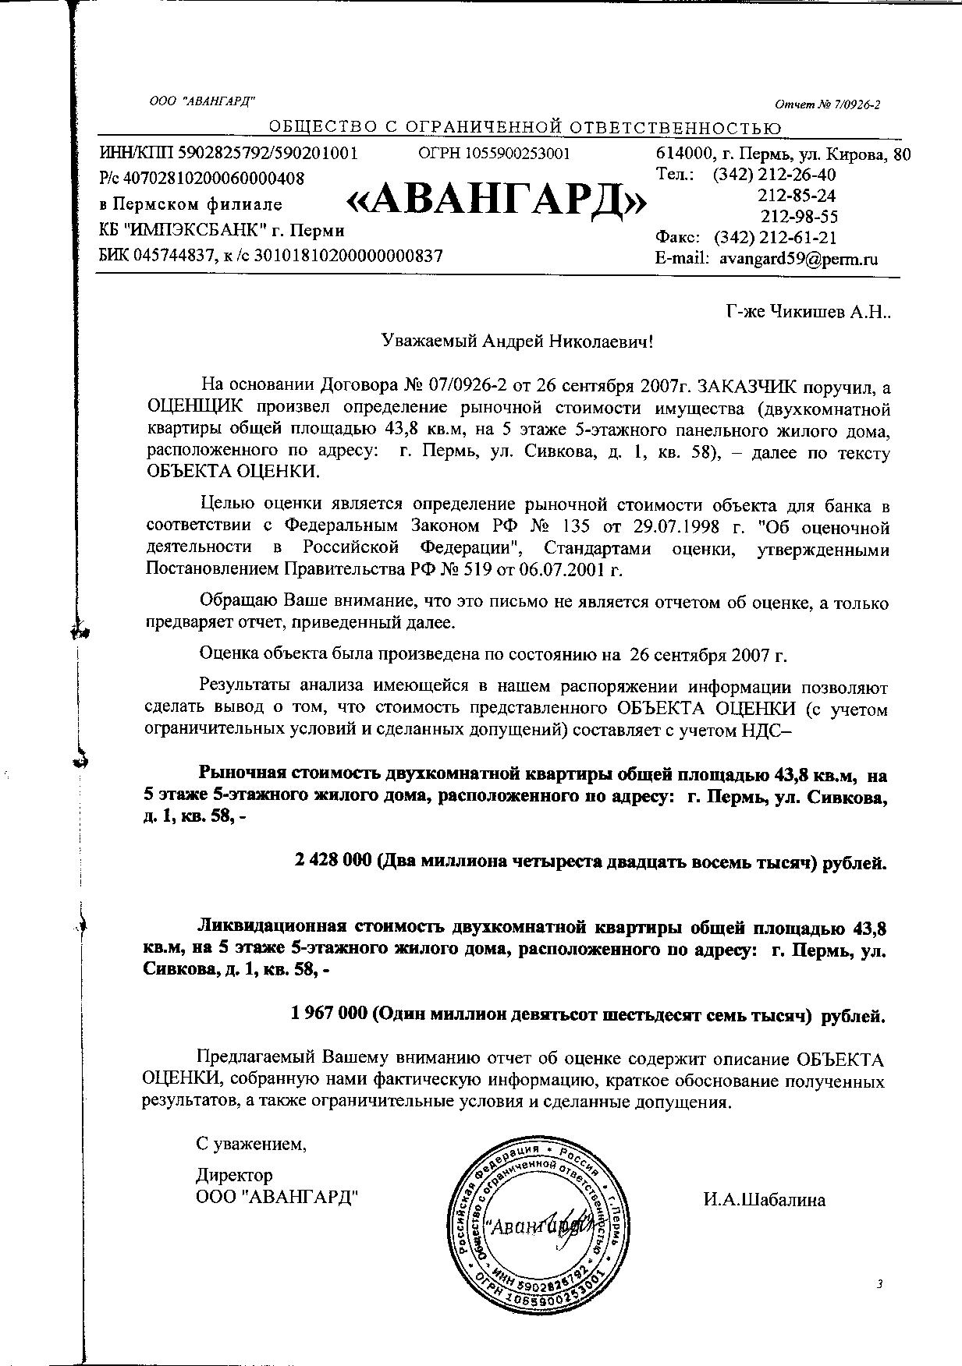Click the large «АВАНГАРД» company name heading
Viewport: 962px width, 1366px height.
[496, 202]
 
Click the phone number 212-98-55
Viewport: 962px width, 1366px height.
[799, 217]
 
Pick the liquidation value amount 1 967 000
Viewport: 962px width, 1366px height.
[328, 1014]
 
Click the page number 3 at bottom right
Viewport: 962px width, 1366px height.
[879, 1284]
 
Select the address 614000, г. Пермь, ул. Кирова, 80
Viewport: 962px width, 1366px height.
[783, 154]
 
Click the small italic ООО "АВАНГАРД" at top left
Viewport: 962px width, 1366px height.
[202, 101]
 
